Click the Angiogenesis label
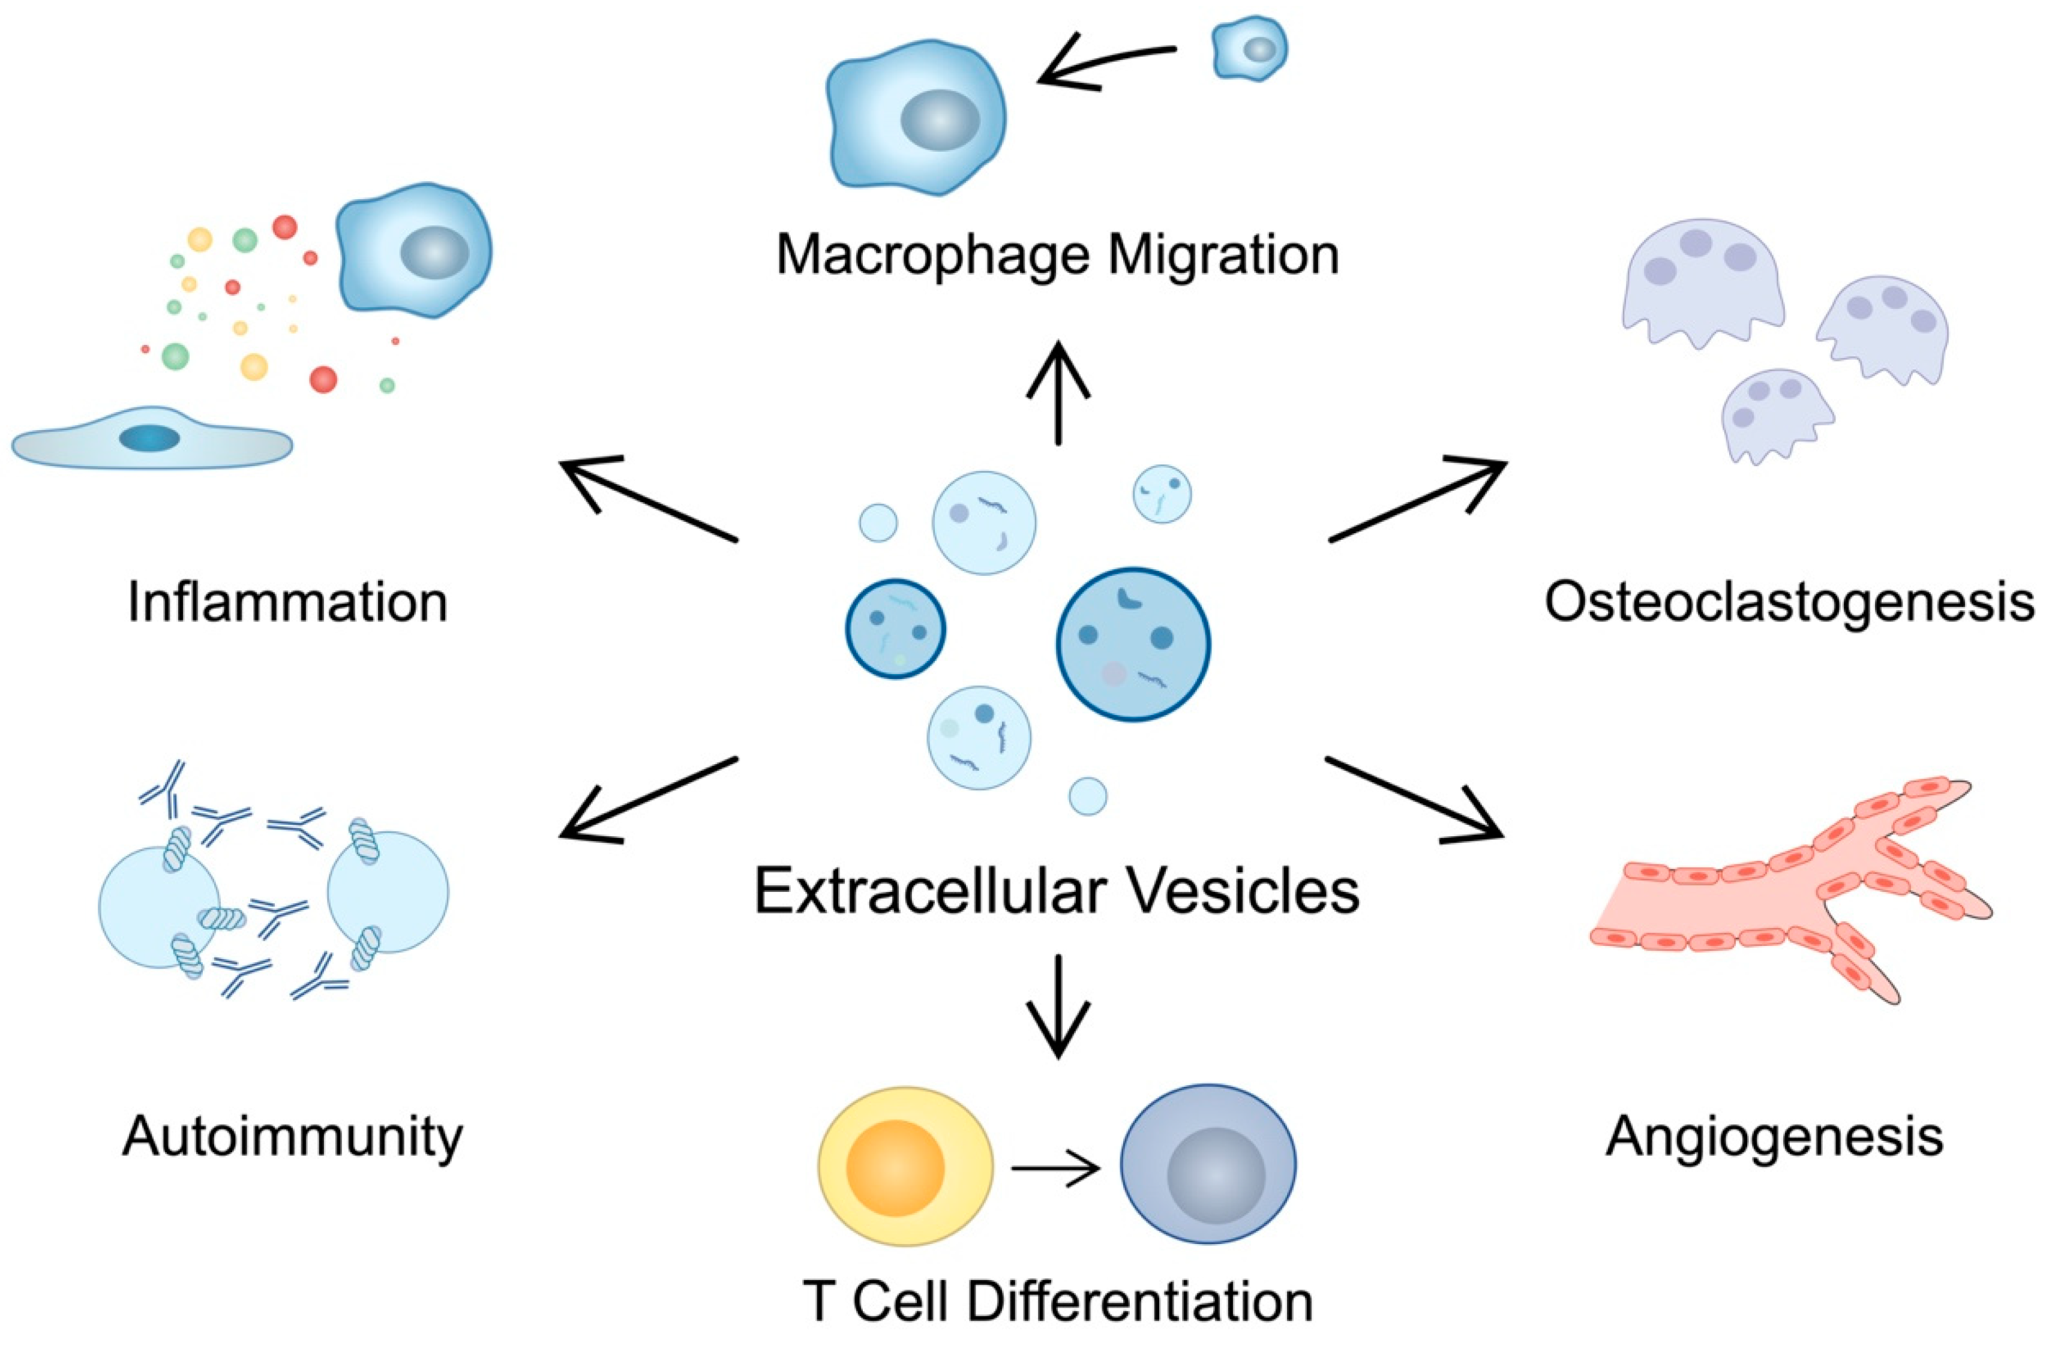pos(1775,1136)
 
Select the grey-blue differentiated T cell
pos(1208,1164)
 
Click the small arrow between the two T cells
pos(1055,1169)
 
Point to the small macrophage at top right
pos(1250,49)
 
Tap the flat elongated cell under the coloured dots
pos(152,438)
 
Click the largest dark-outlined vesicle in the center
pos(1133,644)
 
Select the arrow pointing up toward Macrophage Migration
pos(1058,392)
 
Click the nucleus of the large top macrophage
pos(940,119)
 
